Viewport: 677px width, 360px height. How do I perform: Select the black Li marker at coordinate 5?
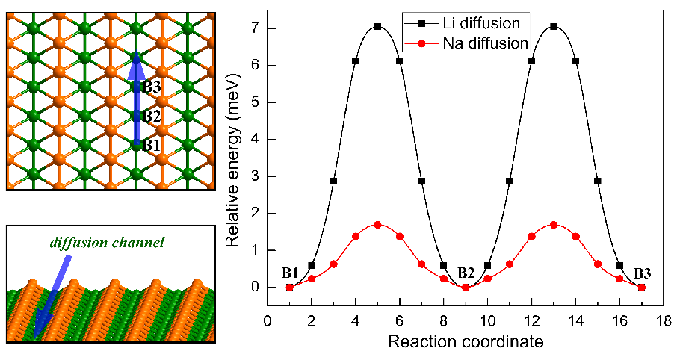pyautogui.click(x=377, y=26)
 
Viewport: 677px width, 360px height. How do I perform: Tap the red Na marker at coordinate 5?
pyautogui.click(x=377, y=224)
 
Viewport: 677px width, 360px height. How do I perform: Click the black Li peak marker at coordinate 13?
pyautogui.click(x=554, y=26)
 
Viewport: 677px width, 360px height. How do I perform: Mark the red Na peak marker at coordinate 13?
pyautogui.click(x=554, y=224)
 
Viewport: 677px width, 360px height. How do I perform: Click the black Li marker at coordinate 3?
pyautogui.click(x=333, y=181)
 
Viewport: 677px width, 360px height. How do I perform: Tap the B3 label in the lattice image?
pyautogui.click(x=152, y=87)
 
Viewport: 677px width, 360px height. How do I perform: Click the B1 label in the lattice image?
pyautogui.click(x=152, y=144)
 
